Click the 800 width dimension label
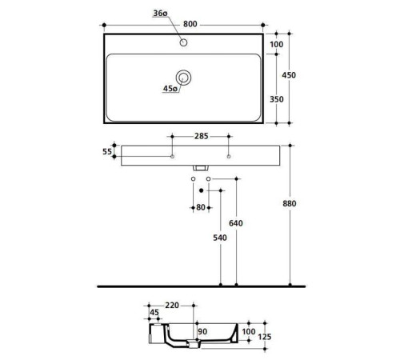[x=190, y=24]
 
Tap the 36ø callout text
[x=160, y=13]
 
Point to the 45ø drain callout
[x=170, y=88]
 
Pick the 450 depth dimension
[x=289, y=75]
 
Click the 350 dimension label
[x=277, y=99]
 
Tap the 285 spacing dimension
[x=201, y=136]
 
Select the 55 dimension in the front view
[x=107, y=151]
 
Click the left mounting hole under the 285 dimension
[x=172, y=157]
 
